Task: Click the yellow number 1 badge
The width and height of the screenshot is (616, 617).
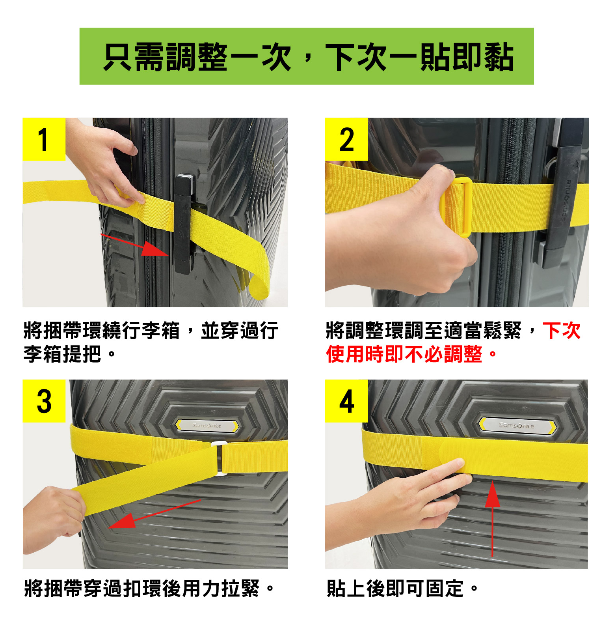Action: tap(44, 139)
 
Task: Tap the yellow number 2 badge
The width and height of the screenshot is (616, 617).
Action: tap(346, 139)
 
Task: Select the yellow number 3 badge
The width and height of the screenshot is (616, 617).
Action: tap(44, 401)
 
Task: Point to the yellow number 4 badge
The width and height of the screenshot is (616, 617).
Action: tap(346, 401)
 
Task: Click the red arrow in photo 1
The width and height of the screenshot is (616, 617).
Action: tap(135, 245)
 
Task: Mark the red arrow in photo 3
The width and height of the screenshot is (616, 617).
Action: tap(154, 514)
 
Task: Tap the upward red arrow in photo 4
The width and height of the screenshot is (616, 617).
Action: tap(492, 519)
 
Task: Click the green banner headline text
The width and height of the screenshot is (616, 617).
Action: tap(308, 57)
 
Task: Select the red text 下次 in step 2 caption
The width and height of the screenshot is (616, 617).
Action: tap(562, 330)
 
